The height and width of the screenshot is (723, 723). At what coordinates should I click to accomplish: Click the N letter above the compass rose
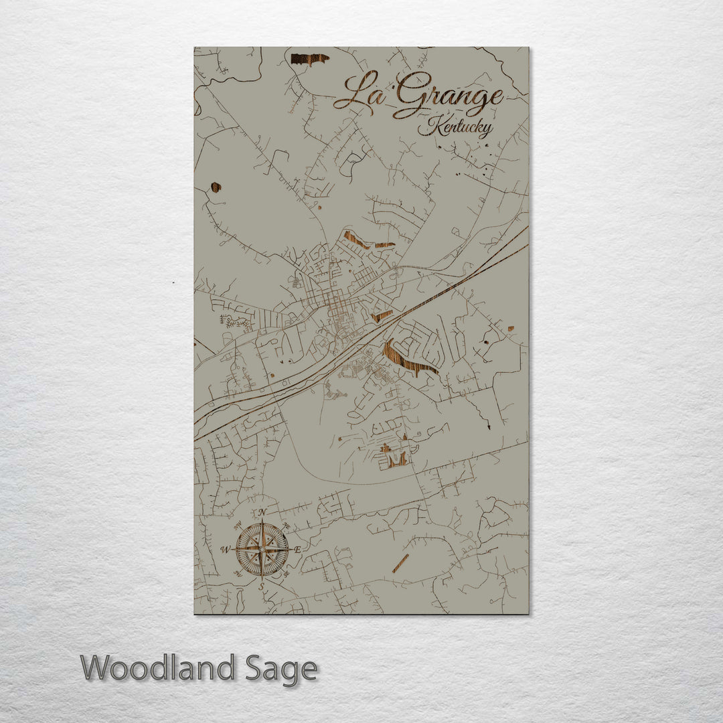[262, 513]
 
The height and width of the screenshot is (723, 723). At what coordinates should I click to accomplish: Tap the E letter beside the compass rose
[298, 549]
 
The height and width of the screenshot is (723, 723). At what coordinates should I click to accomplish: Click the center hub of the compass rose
[262, 550]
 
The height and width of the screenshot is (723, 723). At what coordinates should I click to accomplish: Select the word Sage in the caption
[281, 668]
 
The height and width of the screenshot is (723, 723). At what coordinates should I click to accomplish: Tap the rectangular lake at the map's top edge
[309, 59]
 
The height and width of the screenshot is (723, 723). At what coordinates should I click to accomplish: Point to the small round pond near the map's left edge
[216, 187]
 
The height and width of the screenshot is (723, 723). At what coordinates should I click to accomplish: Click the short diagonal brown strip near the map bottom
[400, 563]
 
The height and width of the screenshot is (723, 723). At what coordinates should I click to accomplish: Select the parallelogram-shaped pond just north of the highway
[382, 315]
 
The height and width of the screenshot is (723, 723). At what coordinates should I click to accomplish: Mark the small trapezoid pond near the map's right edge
[511, 329]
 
